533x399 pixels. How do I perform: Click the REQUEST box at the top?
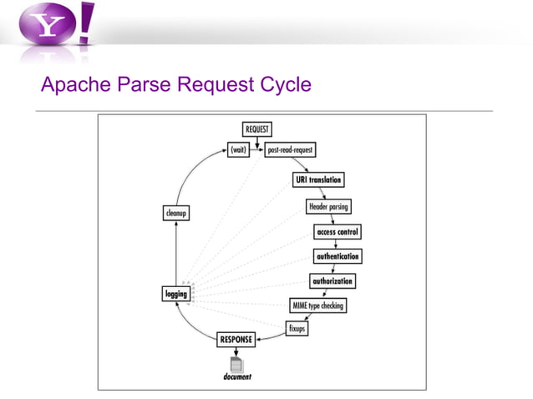pyautogui.click(x=256, y=129)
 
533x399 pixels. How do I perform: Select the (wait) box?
pyautogui.click(x=238, y=150)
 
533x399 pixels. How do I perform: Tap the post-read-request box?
pyautogui.click(x=290, y=150)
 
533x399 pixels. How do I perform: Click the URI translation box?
pyautogui.click(x=318, y=179)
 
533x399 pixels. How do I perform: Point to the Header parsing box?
pyautogui.click(x=329, y=206)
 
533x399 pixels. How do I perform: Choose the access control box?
pyautogui.click(x=338, y=231)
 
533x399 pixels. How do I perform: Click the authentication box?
pyautogui.click(x=338, y=256)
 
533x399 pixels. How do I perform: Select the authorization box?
pyautogui.click(x=332, y=281)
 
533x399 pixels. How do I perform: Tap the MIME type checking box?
pyautogui.click(x=317, y=306)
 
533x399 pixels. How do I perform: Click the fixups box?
pyautogui.click(x=297, y=328)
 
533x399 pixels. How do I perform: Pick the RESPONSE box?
pyautogui.click(x=236, y=340)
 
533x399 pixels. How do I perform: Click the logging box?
pyautogui.click(x=175, y=293)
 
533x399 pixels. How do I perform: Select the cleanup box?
pyautogui.click(x=175, y=214)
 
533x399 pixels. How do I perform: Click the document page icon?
pyautogui.click(x=236, y=364)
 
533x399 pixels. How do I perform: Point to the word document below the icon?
pyautogui.click(x=237, y=377)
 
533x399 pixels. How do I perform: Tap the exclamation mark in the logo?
pyautogui.click(x=87, y=23)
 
